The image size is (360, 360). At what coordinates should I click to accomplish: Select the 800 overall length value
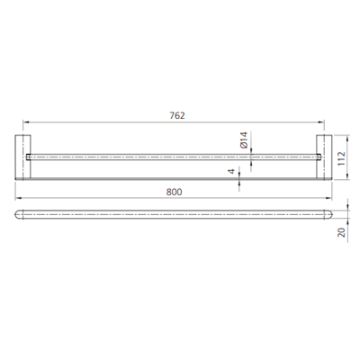(x=176, y=191)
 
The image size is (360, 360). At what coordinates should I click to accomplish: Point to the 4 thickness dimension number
(x=230, y=171)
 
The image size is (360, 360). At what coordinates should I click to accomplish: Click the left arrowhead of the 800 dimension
(x=18, y=199)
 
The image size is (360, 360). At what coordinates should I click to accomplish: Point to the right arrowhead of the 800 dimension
(x=329, y=199)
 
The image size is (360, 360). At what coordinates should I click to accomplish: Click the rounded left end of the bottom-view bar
(x=20, y=215)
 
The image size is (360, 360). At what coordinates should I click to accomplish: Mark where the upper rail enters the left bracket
(x=31, y=156)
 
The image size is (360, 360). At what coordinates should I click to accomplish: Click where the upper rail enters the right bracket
(x=316, y=156)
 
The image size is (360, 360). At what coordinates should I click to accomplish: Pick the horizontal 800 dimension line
(x=108, y=199)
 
